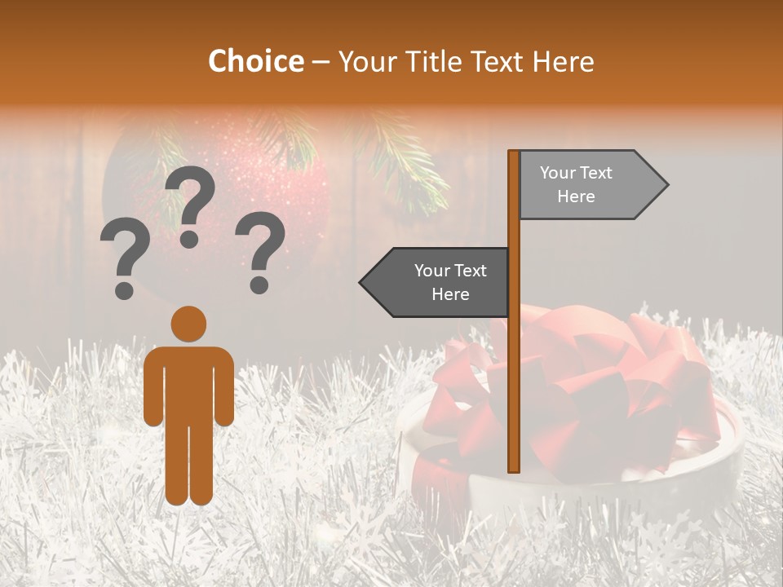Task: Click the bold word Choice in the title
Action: [x=255, y=61]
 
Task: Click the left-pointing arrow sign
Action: [x=436, y=282]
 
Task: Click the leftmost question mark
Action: [x=125, y=260]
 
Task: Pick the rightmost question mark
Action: [x=260, y=252]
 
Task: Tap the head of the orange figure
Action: [x=188, y=324]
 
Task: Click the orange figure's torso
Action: [x=188, y=383]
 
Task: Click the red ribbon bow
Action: [x=587, y=383]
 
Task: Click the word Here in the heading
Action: [x=559, y=62]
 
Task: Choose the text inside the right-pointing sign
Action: [x=576, y=185]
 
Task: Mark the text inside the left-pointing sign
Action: [x=450, y=282]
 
